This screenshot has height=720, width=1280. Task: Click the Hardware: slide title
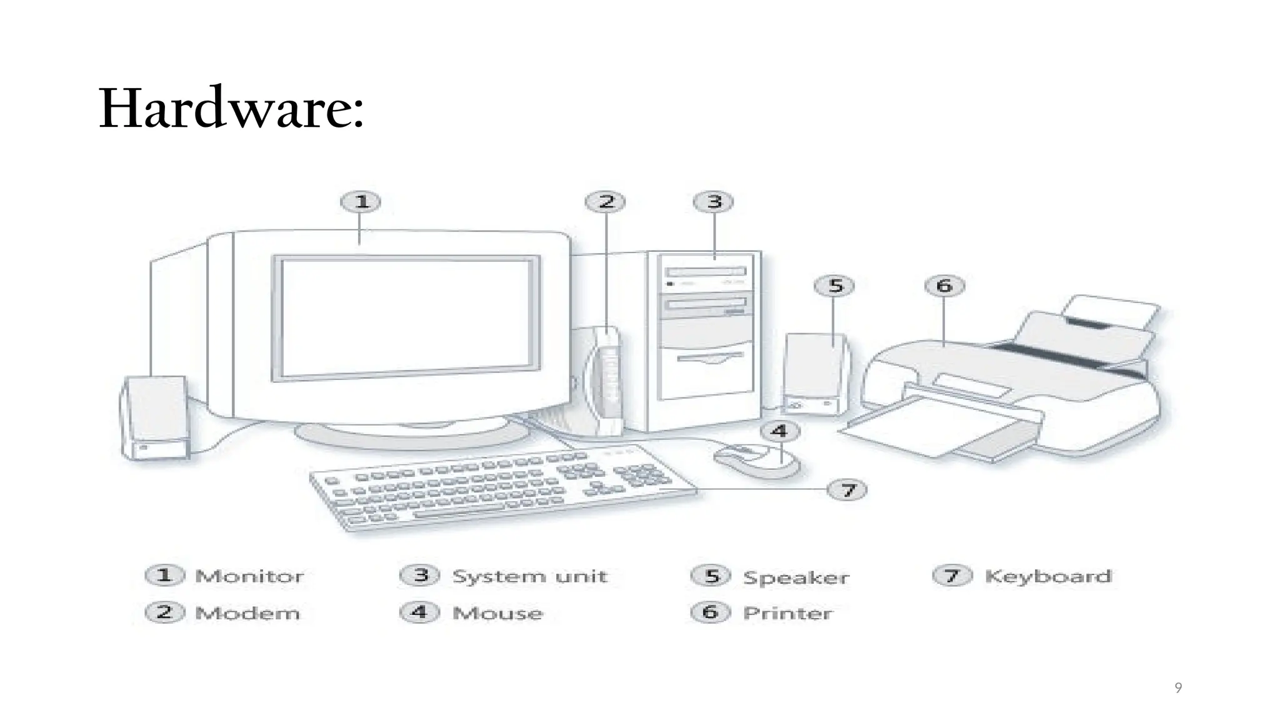tap(231, 109)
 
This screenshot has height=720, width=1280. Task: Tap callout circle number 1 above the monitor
tap(361, 202)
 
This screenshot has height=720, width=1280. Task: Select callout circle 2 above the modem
tap(605, 202)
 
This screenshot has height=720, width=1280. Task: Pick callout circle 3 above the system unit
tap(713, 202)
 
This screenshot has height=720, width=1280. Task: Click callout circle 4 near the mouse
tap(779, 431)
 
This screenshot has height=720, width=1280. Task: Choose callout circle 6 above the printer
tap(944, 286)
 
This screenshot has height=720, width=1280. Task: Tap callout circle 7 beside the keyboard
tap(847, 489)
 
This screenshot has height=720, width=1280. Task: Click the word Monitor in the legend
tap(249, 576)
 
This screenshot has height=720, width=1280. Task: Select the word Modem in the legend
tap(247, 613)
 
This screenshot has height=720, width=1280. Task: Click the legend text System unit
tap(529, 576)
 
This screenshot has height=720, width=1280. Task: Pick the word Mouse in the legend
tap(497, 613)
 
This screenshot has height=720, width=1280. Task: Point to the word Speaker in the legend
tap(796, 577)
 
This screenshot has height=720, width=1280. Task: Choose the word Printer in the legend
tap(787, 613)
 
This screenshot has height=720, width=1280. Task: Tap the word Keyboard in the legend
tap(1048, 576)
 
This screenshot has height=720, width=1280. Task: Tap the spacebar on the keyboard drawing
tap(459, 512)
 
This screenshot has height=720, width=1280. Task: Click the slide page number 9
tap(1178, 688)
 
